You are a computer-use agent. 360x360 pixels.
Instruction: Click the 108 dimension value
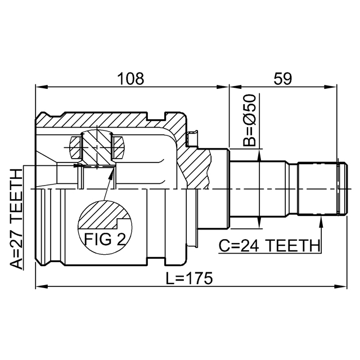(x=131, y=79)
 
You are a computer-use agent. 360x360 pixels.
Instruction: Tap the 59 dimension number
(x=283, y=79)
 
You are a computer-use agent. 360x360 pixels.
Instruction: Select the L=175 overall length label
(x=190, y=278)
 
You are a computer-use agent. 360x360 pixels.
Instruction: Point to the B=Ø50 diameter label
(x=249, y=120)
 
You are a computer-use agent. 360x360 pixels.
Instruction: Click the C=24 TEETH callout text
(x=269, y=245)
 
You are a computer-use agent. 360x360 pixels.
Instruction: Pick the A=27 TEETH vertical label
(x=16, y=219)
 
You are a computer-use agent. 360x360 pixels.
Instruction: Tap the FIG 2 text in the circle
(x=105, y=239)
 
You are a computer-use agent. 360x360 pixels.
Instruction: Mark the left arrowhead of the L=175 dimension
(x=41, y=286)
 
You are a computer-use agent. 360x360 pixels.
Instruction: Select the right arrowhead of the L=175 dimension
(x=340, y=286)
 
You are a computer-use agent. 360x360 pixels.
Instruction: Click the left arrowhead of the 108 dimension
(x=41, y=87)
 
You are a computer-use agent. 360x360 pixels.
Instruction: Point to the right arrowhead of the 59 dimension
(x=331, y=87)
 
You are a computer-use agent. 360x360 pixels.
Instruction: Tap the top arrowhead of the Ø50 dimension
(x=259, y=155)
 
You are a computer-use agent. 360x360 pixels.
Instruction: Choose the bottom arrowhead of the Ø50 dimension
(x=259, y=223)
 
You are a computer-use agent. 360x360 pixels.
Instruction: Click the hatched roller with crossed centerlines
(x=97, y=147)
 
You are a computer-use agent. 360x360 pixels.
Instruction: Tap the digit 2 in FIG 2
(x=121, y=239)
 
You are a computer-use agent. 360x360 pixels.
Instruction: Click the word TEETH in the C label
(x=294, y=245)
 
